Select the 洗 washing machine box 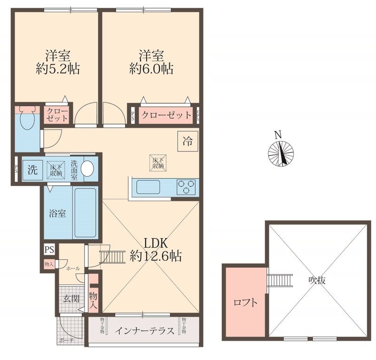(x=32, y=170)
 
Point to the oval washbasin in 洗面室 (x=87, y=168)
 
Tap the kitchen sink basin (x=148, y=188)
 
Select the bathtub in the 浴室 (x=86, y=212)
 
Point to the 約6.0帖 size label (x=151, y=69)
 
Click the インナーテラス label (x=145, y=330)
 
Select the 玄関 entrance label (x=71, y=298)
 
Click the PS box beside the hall (x=49, y=249)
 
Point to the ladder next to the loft (x=274, y=280)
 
